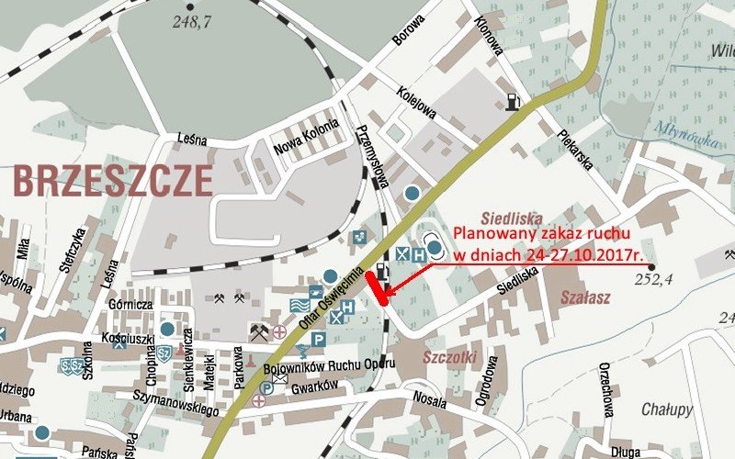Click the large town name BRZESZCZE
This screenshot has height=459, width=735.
[113, 182]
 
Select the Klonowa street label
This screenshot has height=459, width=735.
[488, 35]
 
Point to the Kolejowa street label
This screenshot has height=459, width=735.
[416, 105]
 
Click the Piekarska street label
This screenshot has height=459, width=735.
[576, 148]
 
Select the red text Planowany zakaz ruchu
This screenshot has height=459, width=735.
[530, 230]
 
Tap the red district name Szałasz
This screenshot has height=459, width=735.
[585, 297]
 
